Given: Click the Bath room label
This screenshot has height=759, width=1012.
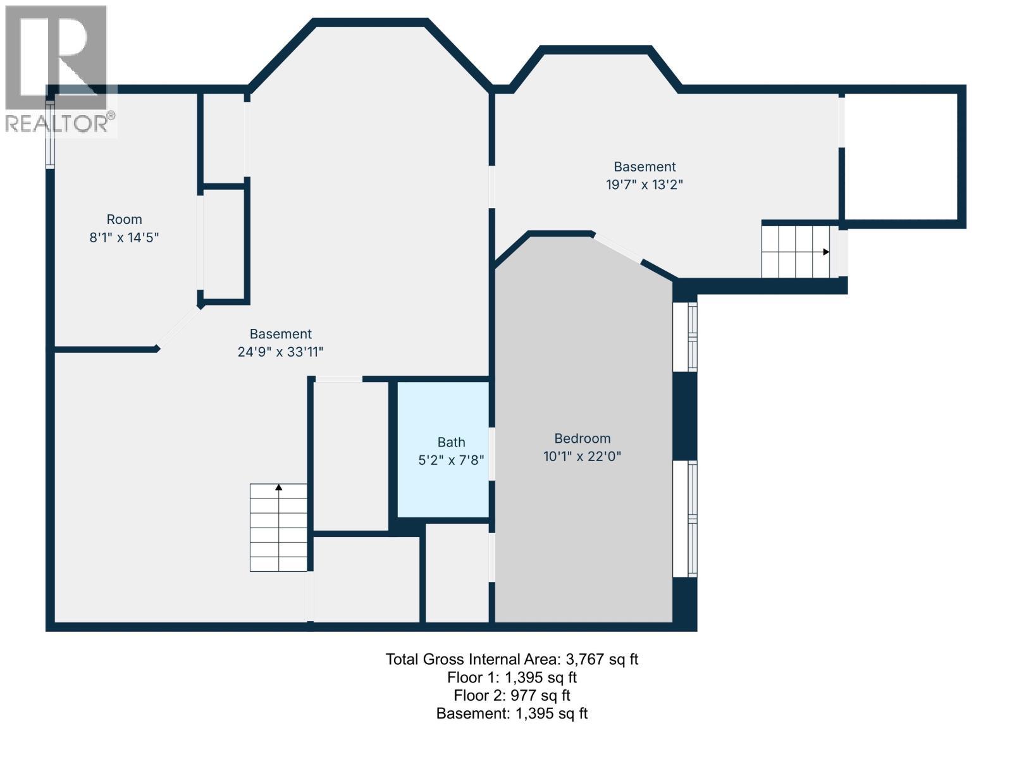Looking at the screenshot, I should [x=451, y=442].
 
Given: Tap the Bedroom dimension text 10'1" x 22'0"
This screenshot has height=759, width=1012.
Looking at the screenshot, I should [x=582, y=456].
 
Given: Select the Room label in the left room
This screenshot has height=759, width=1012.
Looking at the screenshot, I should [x=124, y=219].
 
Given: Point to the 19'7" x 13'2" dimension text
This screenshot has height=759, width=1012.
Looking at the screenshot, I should [x=645, y=185].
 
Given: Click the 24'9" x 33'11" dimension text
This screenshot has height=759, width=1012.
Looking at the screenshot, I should [x=280, y=352].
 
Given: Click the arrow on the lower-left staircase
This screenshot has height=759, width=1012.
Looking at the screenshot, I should [x=278, y=487].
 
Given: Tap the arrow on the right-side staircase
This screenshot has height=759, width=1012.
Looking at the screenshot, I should [x=825, y=252].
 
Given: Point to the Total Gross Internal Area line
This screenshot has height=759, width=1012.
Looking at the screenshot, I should [x=512, y=659].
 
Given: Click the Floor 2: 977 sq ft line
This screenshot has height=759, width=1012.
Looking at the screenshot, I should [x=512, y=695].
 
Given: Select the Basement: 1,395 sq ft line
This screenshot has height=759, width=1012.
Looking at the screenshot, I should [x=512, y=713].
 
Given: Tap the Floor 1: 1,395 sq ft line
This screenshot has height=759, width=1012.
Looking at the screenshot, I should [x=512, y=677].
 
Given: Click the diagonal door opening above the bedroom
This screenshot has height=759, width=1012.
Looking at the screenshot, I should [x=617, y=247].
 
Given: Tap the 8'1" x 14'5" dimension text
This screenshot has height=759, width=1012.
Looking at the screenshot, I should [x=124, y=238].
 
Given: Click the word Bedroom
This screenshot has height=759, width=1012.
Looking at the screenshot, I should [x=582, y=438].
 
